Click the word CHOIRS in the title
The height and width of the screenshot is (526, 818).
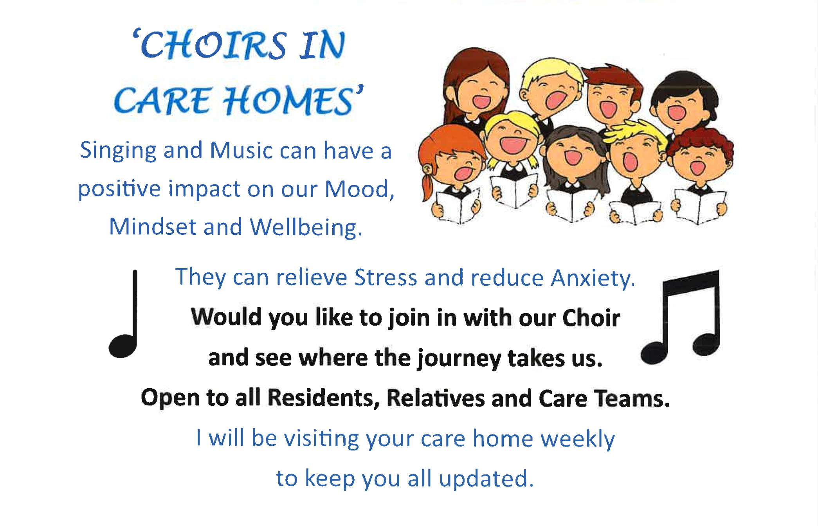coord(213,45)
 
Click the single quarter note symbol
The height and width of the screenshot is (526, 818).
coord(124,314)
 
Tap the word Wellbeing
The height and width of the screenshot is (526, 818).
coord(306,227)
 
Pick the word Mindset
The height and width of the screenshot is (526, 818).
coord(152,227)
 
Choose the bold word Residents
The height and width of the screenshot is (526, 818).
coord(323,398)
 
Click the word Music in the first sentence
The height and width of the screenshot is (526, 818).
coord(241,151)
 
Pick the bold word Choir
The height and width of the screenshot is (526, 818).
coord(591,317)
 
